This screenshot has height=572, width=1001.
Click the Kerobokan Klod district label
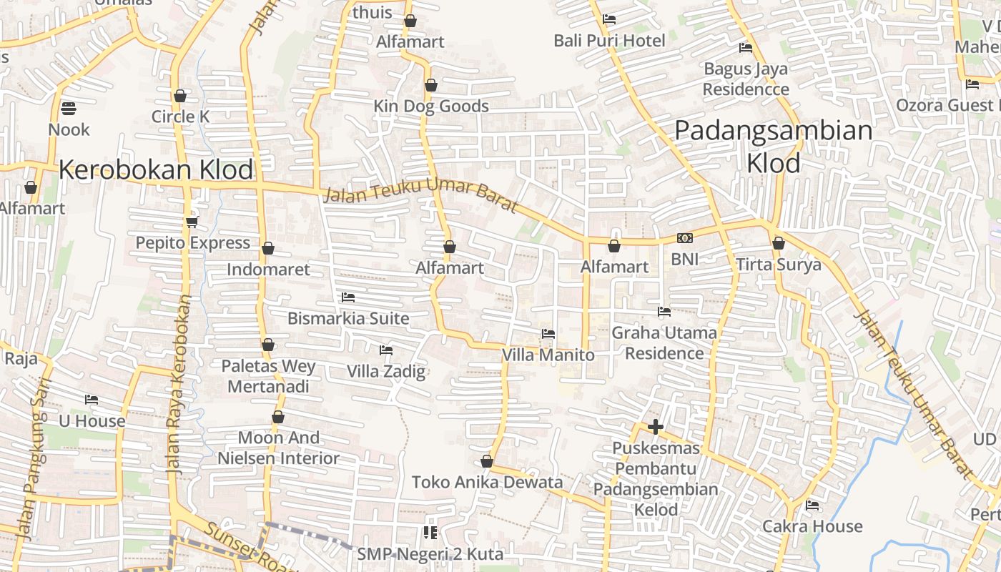[x=156, y=170]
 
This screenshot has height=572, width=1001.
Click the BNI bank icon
[x=684, y=238]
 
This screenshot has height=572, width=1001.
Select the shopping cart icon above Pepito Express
[x=192, y=222]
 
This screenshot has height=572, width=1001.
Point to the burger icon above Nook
[x=69, y=109]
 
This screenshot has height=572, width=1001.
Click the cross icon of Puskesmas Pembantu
[x=655, y=428]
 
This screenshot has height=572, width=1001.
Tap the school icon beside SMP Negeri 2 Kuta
[x=430, y=532]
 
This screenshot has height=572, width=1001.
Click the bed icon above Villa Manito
[x=548, y=334]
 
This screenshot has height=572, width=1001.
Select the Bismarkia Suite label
[x=348, y=318]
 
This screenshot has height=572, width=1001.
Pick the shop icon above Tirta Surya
[x=779, y=243]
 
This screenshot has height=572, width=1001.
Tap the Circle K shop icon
[x=180, y=96]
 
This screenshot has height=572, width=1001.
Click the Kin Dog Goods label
[x=431, y=107]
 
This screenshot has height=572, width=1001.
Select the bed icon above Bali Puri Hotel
[x=609, y=19]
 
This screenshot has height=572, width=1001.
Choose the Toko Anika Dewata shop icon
[x=487, y=462]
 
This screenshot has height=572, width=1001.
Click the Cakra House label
[x=812, y=526]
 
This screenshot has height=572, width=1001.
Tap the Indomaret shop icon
[x=268, y=248]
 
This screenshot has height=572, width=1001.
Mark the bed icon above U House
[x=92, y=400]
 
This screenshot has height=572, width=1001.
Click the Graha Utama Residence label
[x=664, y=342]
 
